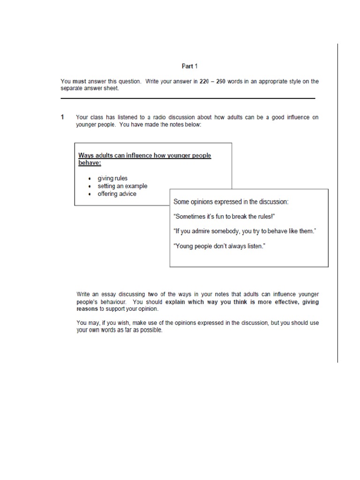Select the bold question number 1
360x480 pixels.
(x=62, y=117)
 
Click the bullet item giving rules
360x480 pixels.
(x=112, y=179)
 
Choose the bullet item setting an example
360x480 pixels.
(x=122, y=186)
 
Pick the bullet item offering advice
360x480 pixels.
(x=117, y=194)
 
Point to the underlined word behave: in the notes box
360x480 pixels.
(x=90, y=163)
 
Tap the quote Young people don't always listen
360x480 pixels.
(x=219, y=246)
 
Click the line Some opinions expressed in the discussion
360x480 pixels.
(x=231, y=202)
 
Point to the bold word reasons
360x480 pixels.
(x=87, y=309)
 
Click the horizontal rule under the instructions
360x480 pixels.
(x=187, y=98)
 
